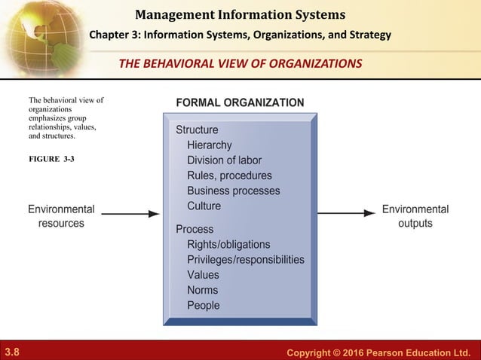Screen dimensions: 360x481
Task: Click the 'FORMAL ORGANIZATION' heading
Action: point(240,102)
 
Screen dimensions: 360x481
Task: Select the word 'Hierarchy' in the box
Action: point(209,145)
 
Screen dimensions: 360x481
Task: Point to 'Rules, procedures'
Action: point(229,175)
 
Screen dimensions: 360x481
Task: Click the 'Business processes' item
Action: point(233,191)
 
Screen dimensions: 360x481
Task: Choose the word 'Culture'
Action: point(204,206)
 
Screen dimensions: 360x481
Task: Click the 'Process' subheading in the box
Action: point(195,229)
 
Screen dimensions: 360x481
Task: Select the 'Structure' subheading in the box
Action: point(197,130)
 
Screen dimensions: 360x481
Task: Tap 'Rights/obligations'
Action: point(228,245)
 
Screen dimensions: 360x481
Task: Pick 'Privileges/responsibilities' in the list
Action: point(246,260)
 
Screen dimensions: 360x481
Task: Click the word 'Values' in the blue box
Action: point(203,275)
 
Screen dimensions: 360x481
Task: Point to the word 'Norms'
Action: point(202,290)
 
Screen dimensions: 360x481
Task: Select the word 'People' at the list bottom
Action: point(204,306)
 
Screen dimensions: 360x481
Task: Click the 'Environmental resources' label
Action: point(61,216)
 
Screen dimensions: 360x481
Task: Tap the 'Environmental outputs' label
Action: point(415,216)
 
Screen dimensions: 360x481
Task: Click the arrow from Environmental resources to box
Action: point(130,214)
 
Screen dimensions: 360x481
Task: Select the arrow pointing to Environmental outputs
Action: point(346,213)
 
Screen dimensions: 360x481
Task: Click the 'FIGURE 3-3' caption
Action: point(51,160)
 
